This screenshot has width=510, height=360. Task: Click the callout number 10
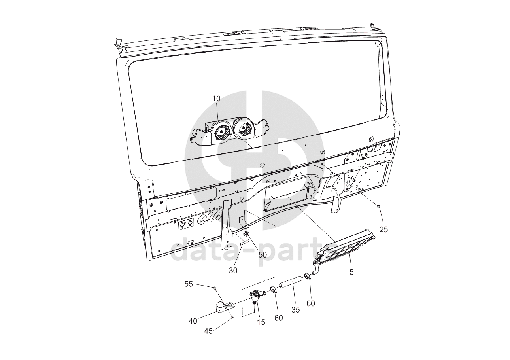coord(216,98)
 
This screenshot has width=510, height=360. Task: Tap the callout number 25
coord(384,229)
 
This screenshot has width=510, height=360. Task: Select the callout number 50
coord(263,255)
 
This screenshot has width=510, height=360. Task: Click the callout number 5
coord(351,272)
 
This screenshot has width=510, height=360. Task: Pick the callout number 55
coord(189,284)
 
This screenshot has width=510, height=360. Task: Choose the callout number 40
coord(193,321)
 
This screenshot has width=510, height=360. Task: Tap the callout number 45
coord(208,331)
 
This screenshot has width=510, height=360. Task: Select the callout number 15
coord(261,322)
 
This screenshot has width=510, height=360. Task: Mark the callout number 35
coord(296,310)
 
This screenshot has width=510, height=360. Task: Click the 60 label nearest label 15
coord(279,317)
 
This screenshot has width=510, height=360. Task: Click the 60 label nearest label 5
coord(311,303)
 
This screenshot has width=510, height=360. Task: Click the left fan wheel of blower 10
coord(222,133)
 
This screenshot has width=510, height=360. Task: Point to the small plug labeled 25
coord(379,207)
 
